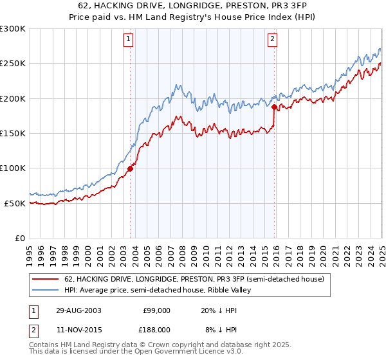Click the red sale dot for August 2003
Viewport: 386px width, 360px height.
click(x=131, y=169)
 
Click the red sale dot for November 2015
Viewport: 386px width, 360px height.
click(x=275, y=107)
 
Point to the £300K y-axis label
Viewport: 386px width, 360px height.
click(x=13, y=29)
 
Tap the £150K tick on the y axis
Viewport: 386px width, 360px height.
click(x=13, y=134)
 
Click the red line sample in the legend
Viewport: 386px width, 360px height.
click(x=46, y=280)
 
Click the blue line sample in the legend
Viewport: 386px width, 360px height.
click(x=46, y=291)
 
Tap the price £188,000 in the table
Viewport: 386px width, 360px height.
click(x=156, y=329)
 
